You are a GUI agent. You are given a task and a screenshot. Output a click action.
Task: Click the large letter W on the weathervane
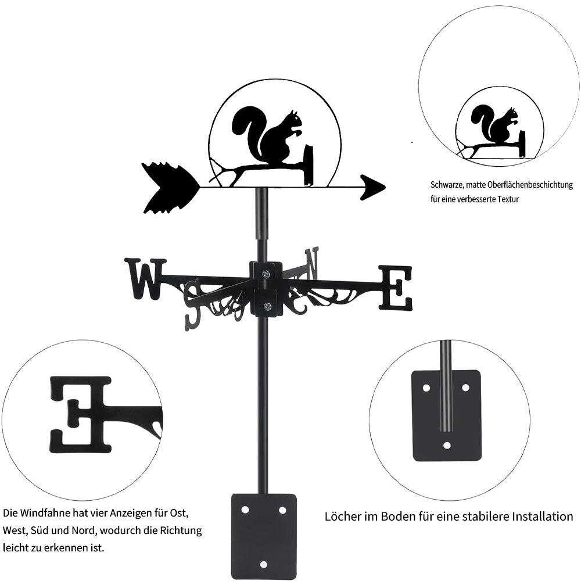(x=145, y=278)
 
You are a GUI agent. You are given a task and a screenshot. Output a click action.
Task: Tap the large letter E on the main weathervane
(x=396, y=287)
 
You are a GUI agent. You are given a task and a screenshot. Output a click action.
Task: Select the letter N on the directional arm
(x=312, y=262)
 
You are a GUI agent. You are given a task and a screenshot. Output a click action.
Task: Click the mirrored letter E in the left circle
(x=80, y=414)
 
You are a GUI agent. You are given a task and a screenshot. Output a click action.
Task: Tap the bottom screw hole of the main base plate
(x=263, y=564)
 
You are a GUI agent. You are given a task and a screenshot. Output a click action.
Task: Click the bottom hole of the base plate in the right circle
(x=446, y=446)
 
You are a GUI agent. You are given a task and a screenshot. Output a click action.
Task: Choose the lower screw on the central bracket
(x=267, y=306)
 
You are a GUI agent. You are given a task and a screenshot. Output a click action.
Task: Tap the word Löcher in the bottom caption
(x=344, y=516)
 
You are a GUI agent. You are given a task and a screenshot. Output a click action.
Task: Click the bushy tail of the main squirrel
(x=247, y=125)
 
